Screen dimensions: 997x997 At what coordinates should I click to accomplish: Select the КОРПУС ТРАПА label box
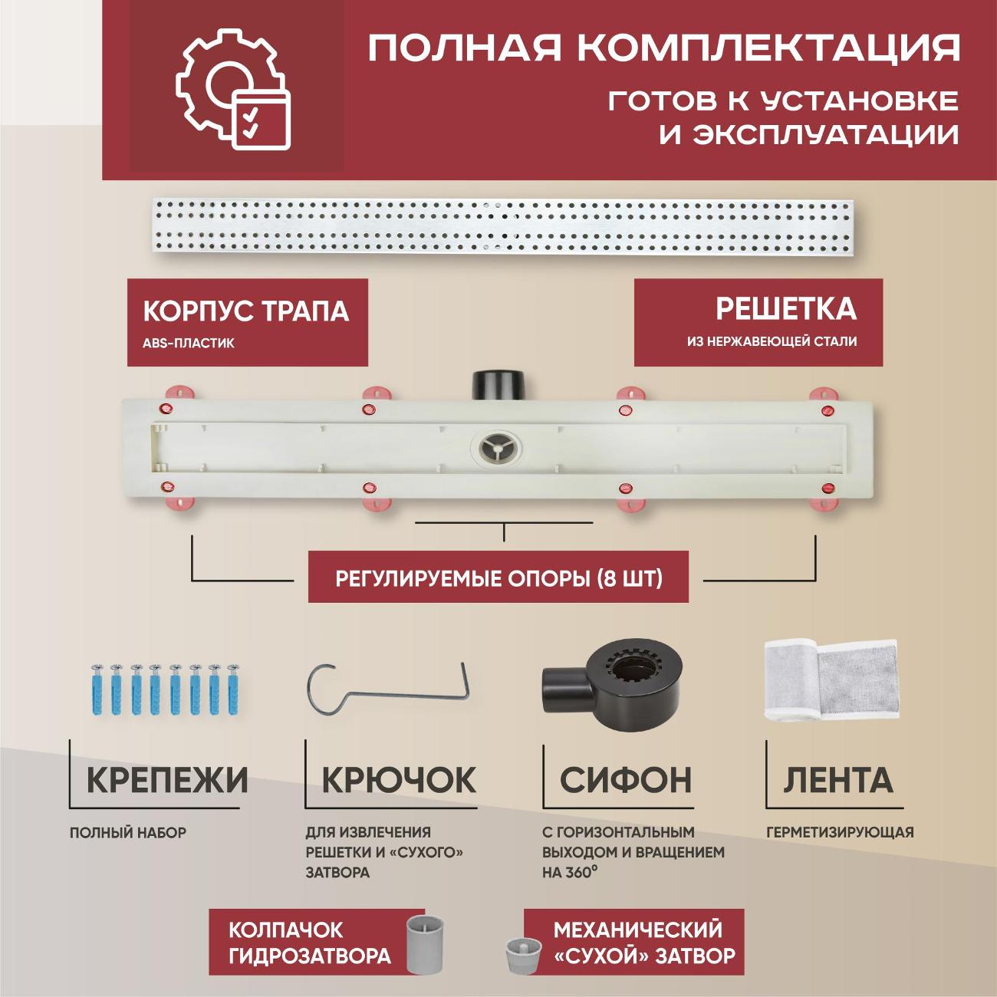point(247,322)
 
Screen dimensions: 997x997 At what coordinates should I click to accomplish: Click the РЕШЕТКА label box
point(758,322)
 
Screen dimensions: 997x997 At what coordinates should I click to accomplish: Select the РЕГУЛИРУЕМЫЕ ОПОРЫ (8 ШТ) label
point(498,577)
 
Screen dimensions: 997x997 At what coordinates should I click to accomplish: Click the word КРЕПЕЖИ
point(167,781)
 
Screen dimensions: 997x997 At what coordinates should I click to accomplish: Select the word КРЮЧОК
point(399,781)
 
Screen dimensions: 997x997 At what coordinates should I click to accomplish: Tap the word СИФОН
point(625,781)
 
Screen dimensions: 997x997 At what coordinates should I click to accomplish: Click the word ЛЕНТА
point(838,781)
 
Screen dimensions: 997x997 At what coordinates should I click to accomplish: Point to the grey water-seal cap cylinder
point(426,944)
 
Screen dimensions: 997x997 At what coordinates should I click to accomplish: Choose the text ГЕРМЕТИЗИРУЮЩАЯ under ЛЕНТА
point(840,832)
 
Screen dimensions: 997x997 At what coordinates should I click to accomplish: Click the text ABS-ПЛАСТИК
point(189,344)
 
